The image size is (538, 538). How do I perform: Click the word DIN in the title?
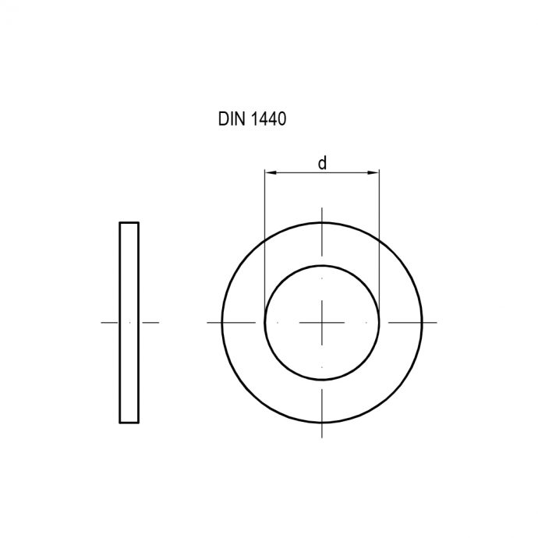coord(230,121)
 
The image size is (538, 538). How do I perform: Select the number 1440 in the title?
coord(269,121)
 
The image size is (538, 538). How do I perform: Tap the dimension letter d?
coord(321,162)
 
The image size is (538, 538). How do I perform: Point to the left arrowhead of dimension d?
coord(269,172)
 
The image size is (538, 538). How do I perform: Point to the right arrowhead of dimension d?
coord(375,172)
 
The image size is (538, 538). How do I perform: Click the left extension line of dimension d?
coord(264,234)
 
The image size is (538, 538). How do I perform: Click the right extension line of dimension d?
coord(380,234)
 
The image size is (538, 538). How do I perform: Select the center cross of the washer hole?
coord(322,322)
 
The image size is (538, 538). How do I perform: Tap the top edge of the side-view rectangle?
coord(129,223)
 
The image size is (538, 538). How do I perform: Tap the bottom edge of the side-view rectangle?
coord(129,423)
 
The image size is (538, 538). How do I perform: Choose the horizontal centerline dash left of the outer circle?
coord(214,322)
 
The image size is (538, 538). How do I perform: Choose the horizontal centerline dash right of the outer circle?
coord(430,322)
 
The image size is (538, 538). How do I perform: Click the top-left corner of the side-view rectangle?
coord(120,223)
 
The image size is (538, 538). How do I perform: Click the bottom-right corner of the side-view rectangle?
coord(139,423)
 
